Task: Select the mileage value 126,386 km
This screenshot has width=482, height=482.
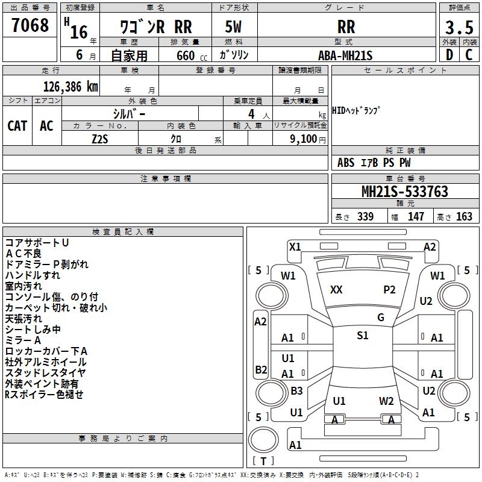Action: pyautogui.click(x=70, y=86)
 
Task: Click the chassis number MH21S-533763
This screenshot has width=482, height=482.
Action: pyautogui.click(x=404, y=192)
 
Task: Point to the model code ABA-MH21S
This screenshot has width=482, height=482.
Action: pyautogui.click(x=346, y=55)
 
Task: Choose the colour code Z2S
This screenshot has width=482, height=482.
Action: pyautogui.click(x=100, y=139)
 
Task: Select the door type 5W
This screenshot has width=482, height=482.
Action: pyautogui.click(x=234, y=27)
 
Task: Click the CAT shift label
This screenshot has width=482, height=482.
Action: pyautogui.click(x=17, y=125)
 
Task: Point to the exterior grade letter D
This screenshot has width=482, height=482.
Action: pyautogui.click(x=449, y=55)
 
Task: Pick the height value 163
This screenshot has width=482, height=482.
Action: pyautogui.click(x=464, y=217)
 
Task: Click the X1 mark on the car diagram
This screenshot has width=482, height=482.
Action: pyautogui.click(x=295, y=246)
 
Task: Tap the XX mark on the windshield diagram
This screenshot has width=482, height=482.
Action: pyautogui.click(x=336, y=290)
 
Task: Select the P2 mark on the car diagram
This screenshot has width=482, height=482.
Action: pyautogui.click(x=390, y=290)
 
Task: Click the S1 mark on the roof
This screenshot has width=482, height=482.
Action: pyautogui.click(x=362, y=336)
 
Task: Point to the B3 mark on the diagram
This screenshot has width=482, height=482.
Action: pyautogui.click(x=296, y=391)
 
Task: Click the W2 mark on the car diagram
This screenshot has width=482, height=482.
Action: pyautogui.click(x=386, y=401)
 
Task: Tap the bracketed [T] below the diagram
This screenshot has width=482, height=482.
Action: pyautogui.click(x=262, y=461)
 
